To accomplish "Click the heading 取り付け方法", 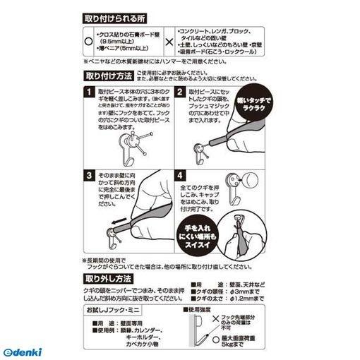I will (109, 76).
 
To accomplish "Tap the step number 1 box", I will (89, 92).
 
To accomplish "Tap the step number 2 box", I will (180, 92).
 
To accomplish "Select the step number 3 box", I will (89, 174).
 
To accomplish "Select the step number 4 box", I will (180, 174).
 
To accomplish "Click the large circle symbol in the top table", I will (88, 42).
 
